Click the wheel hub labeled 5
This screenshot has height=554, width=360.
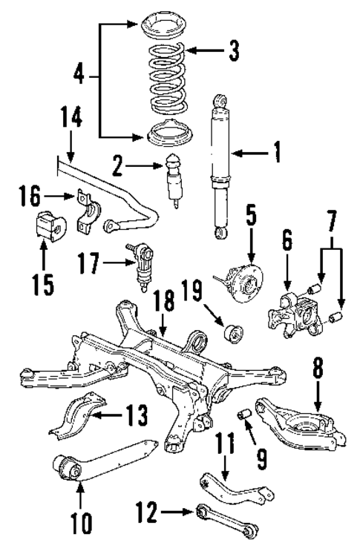(x=242, y=277)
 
